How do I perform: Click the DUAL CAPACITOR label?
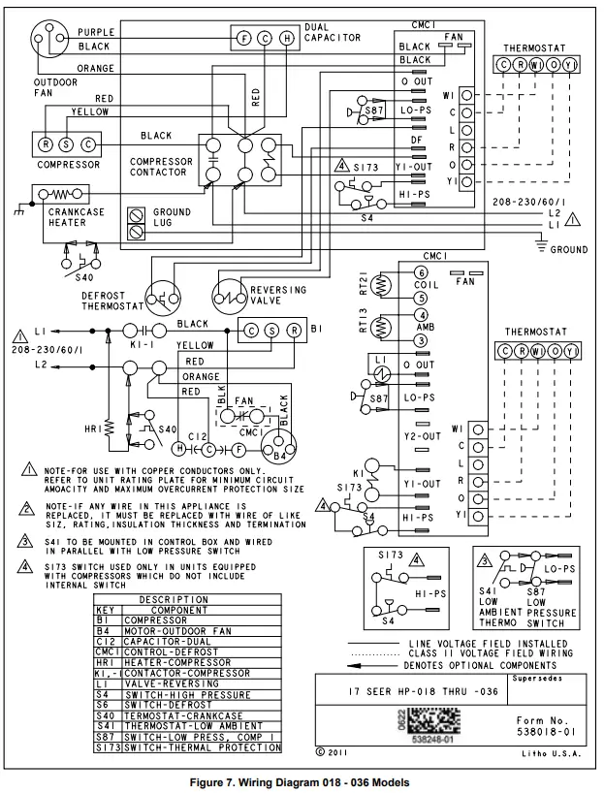(x=333, y=32)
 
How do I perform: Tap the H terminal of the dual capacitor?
(x=286, y=39)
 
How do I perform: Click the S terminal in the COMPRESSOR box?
(x=67, y=143)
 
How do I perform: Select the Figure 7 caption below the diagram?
(x=301, y=782)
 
